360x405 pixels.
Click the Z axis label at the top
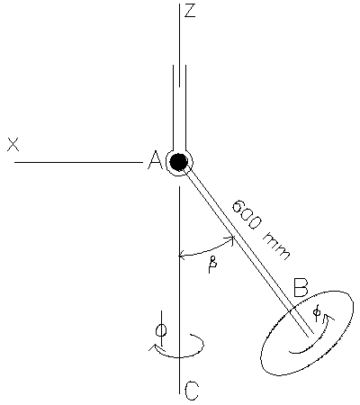[189, 12]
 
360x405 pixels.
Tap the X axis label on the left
[13, 144]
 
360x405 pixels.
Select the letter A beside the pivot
[154, 161]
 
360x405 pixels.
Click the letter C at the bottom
[191, 391]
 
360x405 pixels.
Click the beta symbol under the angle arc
[213, 267]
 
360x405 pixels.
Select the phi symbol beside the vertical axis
[161, 329]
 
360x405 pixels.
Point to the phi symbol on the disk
[317, 310]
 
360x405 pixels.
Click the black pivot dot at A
[179, 162]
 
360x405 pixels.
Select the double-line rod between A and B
[238, 239]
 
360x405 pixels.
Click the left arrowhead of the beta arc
[183, 256]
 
